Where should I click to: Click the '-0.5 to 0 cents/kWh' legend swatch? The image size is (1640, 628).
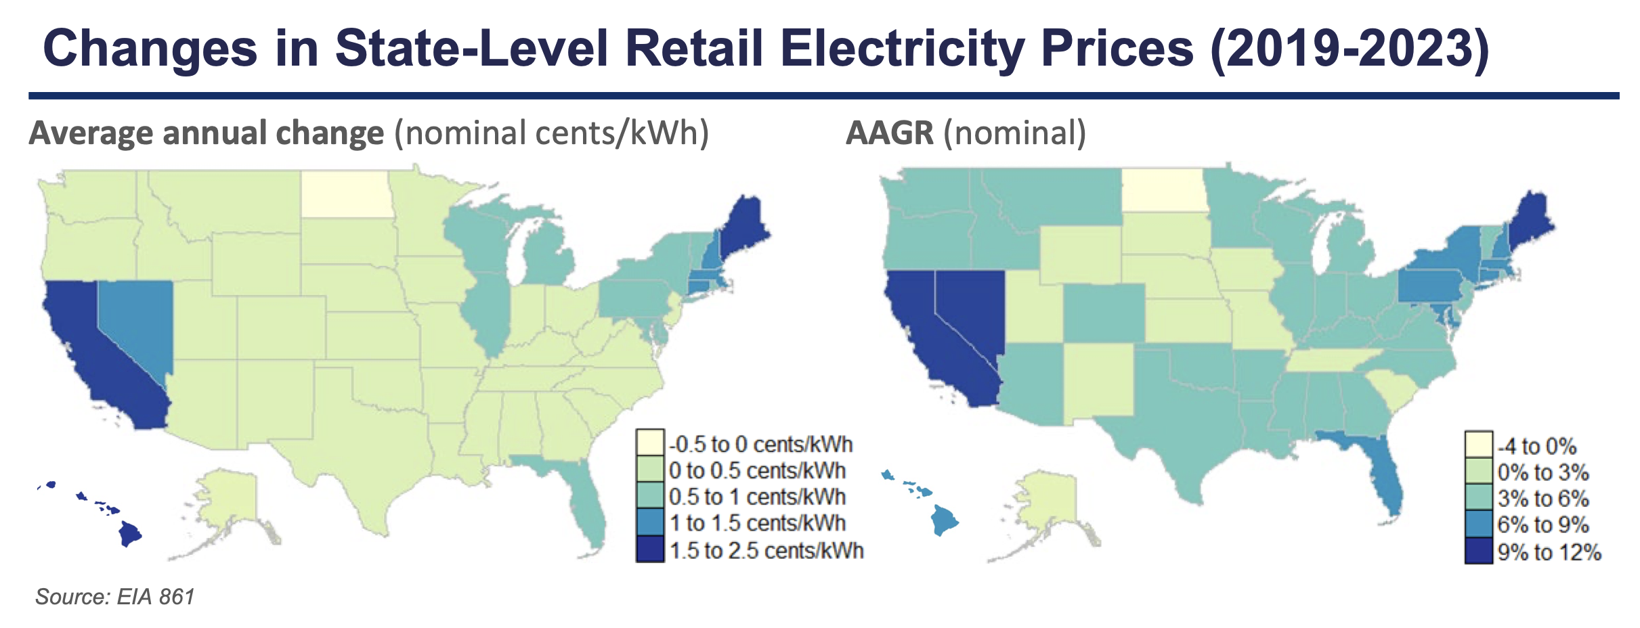[650, 443]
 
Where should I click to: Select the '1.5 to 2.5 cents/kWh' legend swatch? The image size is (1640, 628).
[650, 549]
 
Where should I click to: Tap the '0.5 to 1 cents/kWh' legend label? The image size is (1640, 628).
[757, 497]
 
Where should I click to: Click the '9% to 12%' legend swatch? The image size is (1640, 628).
[1479, 552]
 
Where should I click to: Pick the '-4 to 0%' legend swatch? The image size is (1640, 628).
[1479, 445]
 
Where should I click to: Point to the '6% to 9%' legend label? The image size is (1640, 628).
[1542, 525]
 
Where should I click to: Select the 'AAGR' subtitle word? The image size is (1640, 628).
[890, 133]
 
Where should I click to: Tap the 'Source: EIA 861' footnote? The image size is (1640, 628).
[115, 597]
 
